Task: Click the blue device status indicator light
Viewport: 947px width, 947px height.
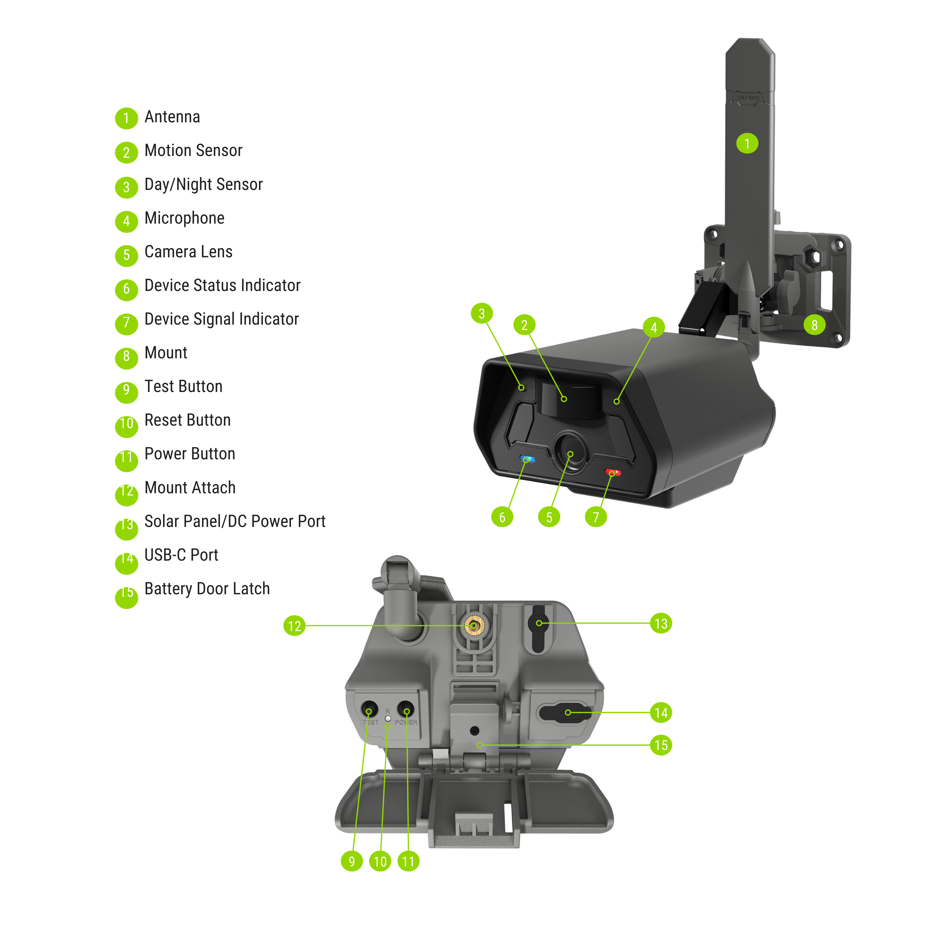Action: [x=527, y=459]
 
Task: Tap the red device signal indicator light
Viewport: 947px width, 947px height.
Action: [x=613, y=473]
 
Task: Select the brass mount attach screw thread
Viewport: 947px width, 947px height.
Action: [x=474, y=625]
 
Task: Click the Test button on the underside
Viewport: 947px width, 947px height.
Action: [x=369, y=710]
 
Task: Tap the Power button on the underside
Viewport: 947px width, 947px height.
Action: [x=406, y=710]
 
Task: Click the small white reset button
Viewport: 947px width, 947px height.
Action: [x=388, y=719]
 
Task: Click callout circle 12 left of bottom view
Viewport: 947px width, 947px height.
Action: [x=294, y=626]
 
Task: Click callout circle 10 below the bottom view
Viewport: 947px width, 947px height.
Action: [x=380, y=861]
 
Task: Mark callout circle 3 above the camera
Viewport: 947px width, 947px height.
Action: [x=481, y=313]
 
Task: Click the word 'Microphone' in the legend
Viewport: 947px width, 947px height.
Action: [x=184, y=218]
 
